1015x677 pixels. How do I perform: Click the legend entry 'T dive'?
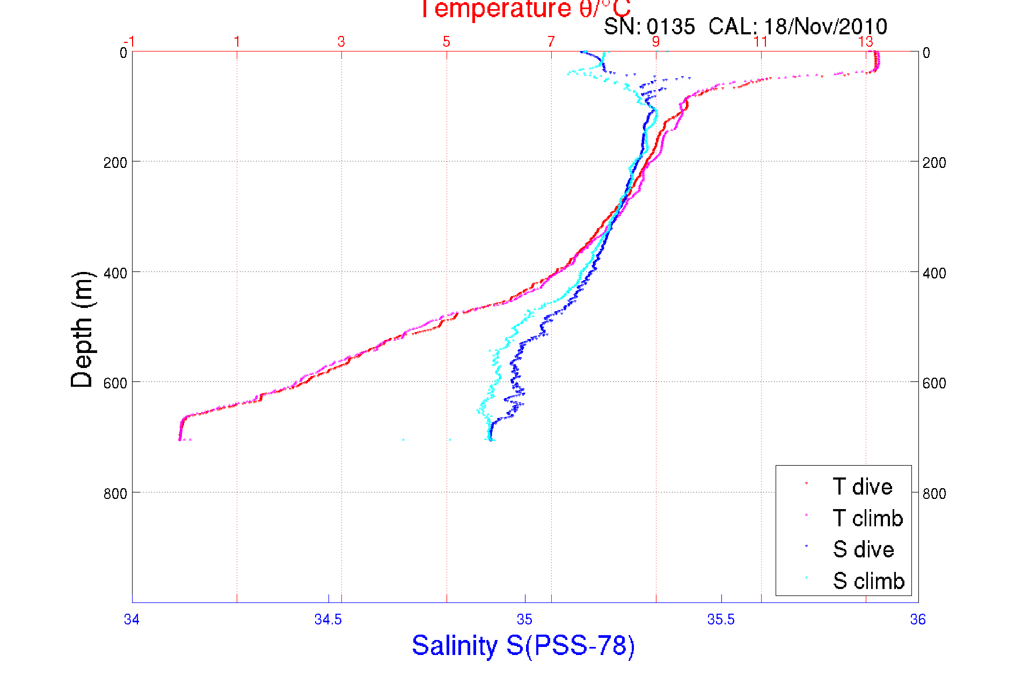(x=862, y=487)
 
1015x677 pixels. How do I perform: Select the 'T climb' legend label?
(x=867, y=518)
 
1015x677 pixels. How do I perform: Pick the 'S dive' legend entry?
(x=863, y=549)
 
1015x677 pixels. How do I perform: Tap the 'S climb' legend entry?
(x=868, y=581)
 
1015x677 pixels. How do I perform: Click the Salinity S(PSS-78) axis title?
(x=523, y=645)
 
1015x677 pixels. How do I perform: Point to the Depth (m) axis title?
(x=82, y=330)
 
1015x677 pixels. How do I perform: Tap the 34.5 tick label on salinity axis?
(x=328, y=620)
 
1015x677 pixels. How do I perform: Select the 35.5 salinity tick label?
(x=721, y=620)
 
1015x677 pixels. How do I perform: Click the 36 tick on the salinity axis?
(x=918, y=620)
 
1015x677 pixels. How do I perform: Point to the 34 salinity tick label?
(x=132, y=620)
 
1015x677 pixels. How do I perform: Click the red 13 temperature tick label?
(x=865, y=42)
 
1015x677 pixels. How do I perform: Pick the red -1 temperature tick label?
(x=129, y=42)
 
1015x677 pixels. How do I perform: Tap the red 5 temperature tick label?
(x=446, y=42)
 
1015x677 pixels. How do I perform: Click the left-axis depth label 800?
(x=115, y=493)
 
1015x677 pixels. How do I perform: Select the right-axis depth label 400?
(x=934, y=273)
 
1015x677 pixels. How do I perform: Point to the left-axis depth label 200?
(x=115, y=163)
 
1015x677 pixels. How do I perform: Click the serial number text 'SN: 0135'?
(x=649, y=26)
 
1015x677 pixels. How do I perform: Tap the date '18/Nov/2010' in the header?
(x=826, y=26)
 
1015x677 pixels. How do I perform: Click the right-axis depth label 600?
(x=934, y=383)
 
